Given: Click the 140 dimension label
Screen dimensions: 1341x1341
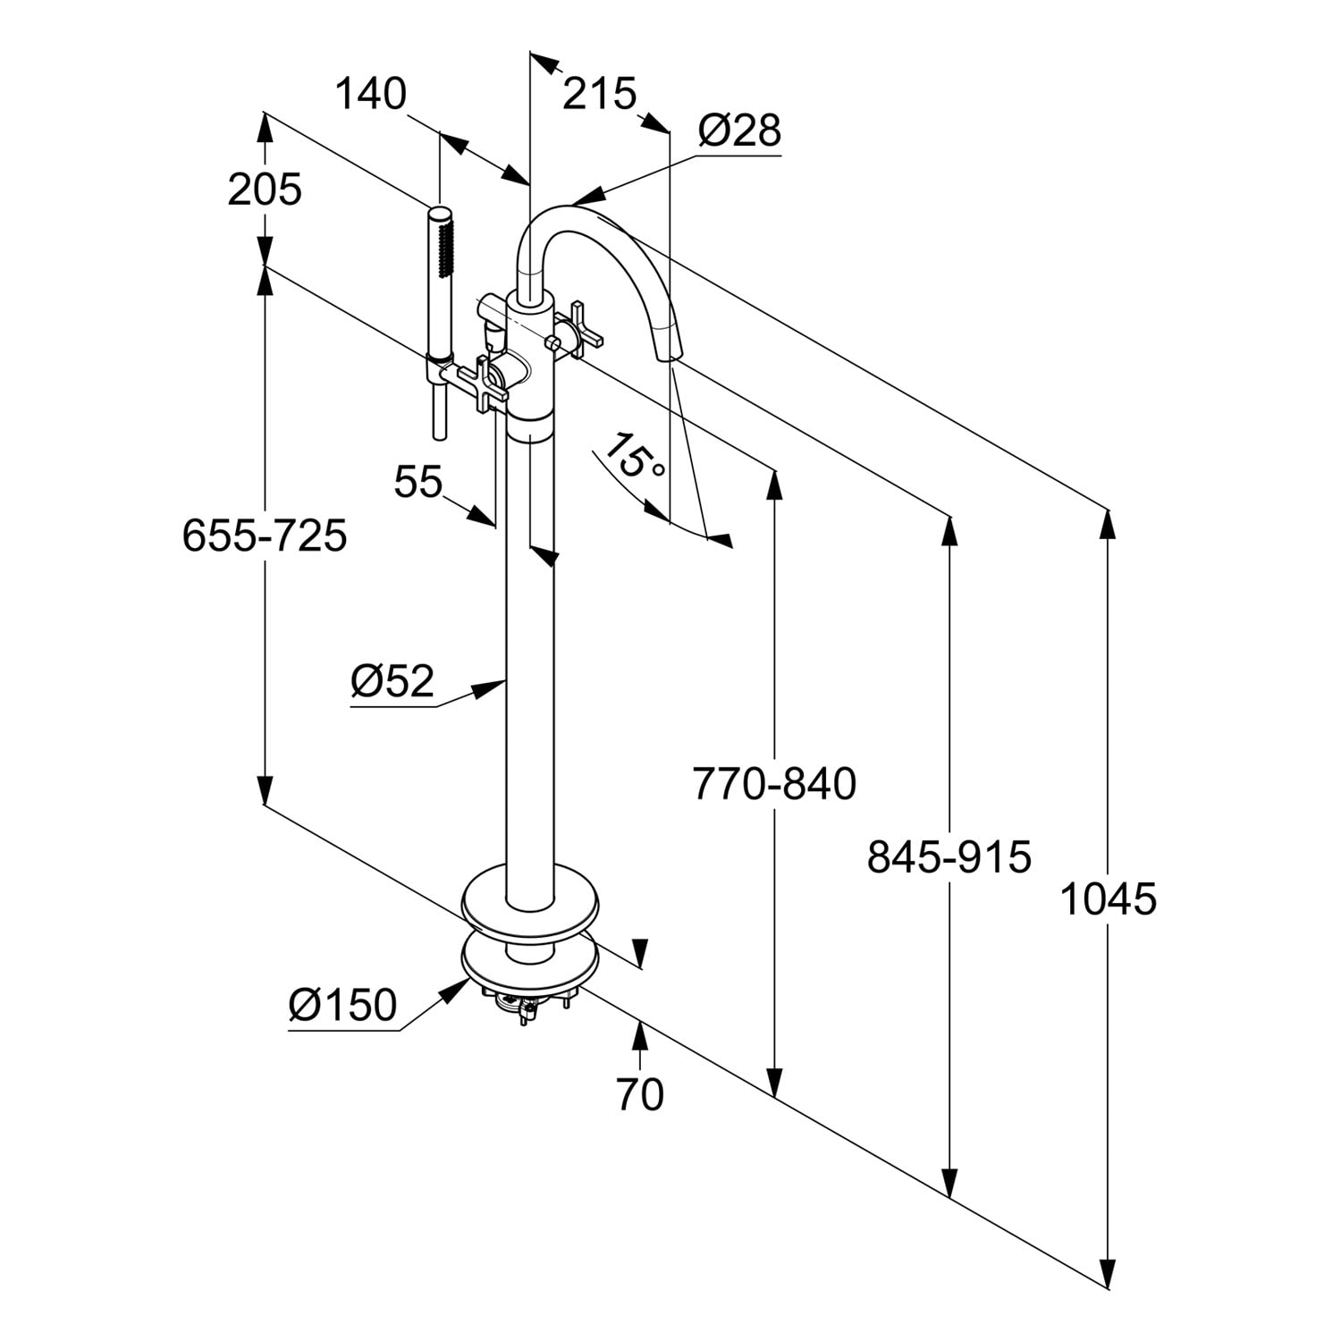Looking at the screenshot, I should pos(370,94).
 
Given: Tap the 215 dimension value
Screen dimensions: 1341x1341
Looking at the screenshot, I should pos(599,94).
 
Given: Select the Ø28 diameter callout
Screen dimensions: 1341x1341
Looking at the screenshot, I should pos(739,131).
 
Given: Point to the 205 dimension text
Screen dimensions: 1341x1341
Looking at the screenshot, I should pos(265,190).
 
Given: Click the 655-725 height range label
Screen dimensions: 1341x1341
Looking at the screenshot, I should pos(265,537).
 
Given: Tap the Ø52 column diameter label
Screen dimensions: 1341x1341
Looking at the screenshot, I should pos(392,683).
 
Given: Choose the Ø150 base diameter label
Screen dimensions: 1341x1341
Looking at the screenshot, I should pos(342,1006).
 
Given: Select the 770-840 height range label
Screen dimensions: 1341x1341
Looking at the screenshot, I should pos(774,785).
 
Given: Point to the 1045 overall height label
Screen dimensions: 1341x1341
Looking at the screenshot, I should pos(1108,899).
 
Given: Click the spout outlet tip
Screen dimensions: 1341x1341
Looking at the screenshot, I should pos(669,354).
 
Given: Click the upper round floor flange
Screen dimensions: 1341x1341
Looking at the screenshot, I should pos(529,904).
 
